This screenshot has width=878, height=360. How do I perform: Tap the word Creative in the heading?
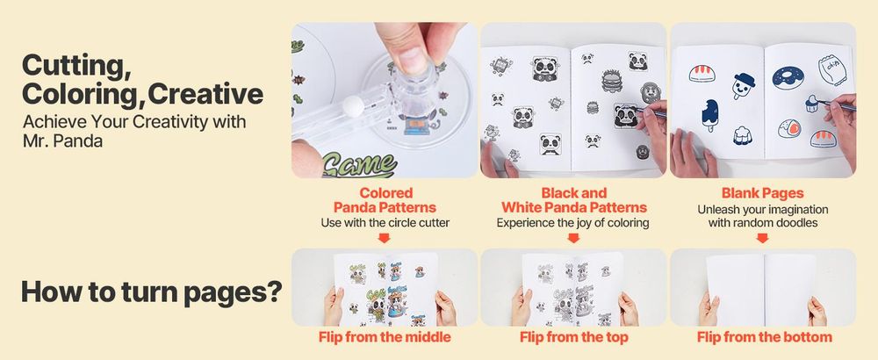tap(206, 94)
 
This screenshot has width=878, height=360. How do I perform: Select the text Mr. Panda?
tap(62, 141)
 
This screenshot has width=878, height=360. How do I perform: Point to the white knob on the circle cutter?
tap(353, 106)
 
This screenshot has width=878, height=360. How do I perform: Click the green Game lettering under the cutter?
tap(361, 165)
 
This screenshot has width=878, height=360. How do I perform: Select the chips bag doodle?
tap(832, 68)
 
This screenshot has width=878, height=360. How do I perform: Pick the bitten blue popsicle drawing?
tap(709, 115)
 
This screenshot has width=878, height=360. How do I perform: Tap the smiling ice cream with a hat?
tap(743, 86)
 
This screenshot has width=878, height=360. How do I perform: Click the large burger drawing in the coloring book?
tap(612, 81)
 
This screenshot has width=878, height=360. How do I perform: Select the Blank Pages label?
tap(762, 193)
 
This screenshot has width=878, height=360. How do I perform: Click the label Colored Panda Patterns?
tap(385, 200)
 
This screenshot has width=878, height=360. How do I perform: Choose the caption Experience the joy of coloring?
tap(572, 223)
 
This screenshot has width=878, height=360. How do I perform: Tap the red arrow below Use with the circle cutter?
tap(385, 238)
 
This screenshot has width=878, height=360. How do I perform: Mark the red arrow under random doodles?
tap(763, 238)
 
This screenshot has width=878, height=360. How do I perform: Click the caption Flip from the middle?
tap(385, 337)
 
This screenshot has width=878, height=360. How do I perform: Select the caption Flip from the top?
tap(574, 337)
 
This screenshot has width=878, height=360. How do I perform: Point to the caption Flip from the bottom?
tap(765, 337)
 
